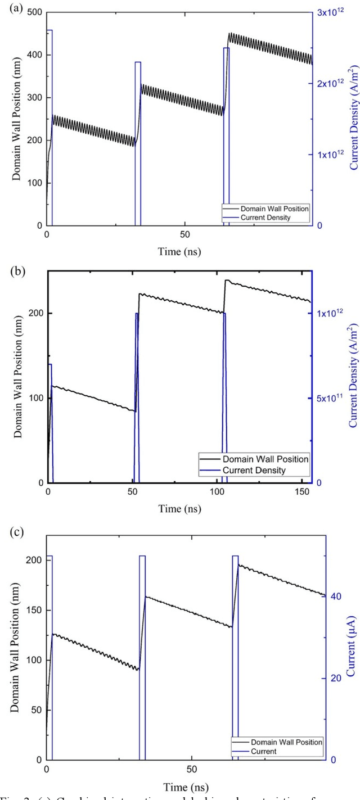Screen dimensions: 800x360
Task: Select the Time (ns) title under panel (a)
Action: tap(179, 251)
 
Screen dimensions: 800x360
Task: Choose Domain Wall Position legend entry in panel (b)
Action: tap(265, 459)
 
